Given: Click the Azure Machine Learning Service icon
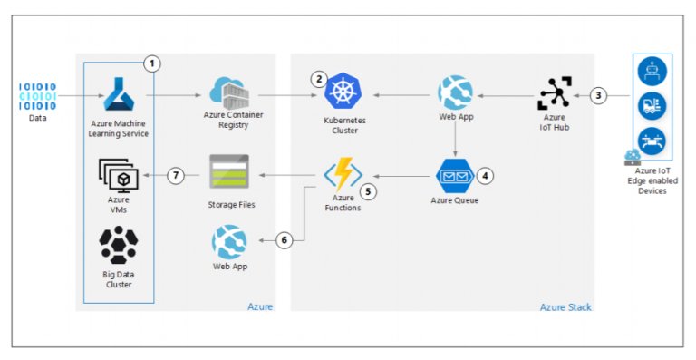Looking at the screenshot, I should [x=119, y=94].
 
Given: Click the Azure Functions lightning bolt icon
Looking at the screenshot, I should [x=342, y=172].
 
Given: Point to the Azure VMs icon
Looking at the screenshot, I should [x=118, y=172].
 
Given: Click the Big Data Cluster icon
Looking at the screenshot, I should [x=118, y=244].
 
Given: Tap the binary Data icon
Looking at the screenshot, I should [x=37, y=96].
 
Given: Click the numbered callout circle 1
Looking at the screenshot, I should [x=152, y=63].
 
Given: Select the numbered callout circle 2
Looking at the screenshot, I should [x=318, y=79].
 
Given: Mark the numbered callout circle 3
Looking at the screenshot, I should [x=598, y=94].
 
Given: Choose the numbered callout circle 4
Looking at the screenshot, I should [x=487, y=174].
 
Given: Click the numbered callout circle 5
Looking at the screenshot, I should [x=368, y=191].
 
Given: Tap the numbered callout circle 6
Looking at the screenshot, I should [x=285, y=240].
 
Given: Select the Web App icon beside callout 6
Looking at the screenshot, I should [x=229, y=242].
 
